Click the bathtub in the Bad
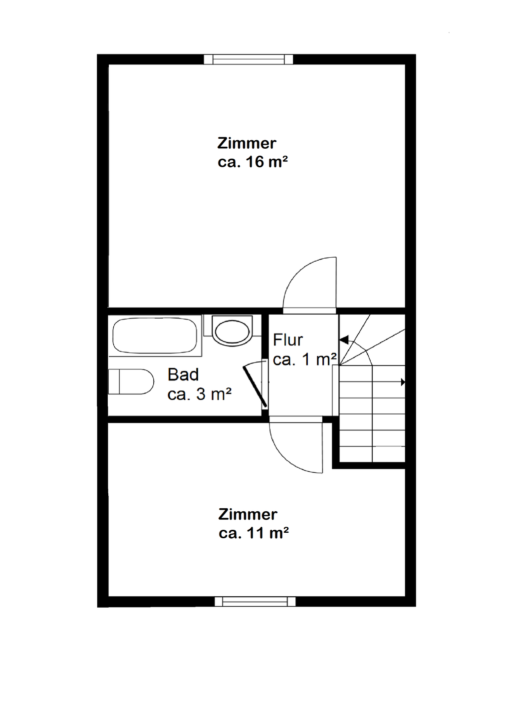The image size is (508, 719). click(x=155, y=336)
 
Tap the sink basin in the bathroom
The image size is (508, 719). click(x=232, y=331)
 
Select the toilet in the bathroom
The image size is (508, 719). click(x=131, y=382)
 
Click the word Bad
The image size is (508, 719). click(x=183, y=374)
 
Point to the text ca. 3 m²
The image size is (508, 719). click(x=199, y=394)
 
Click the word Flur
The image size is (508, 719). click(x=288, y=340)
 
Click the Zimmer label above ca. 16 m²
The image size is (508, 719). click(x=247, y=143)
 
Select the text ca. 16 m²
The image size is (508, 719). click(x=253, y=162)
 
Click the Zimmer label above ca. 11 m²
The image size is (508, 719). click(x=248, y=514)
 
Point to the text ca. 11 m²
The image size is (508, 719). click(x=254, y=533)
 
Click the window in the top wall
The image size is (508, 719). click(x=249, y=59)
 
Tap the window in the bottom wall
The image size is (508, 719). click(x=255, y=602)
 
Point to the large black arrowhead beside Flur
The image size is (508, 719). click(x=344, y=340)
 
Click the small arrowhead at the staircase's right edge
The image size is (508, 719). click(x=403, y=382)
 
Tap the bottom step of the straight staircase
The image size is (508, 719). click(x=372, y=453)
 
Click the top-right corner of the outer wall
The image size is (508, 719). click(x=410, y=59)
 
